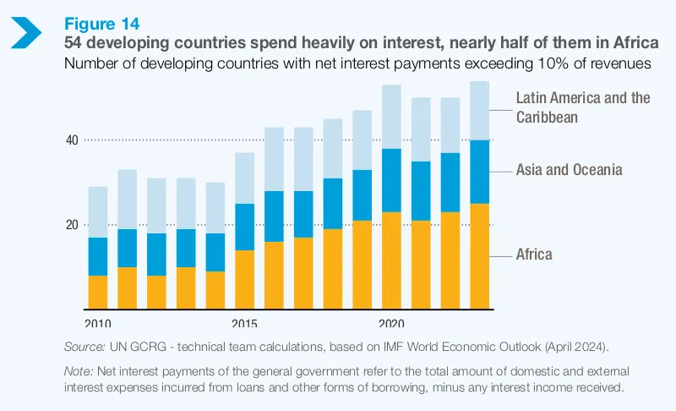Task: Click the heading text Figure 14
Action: (102, 21)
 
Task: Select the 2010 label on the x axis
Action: (98, 322)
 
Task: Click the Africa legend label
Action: (534, 255)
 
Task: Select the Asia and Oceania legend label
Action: (569, 170)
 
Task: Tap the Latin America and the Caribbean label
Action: (583, 107)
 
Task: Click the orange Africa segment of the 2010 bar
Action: (98, 292)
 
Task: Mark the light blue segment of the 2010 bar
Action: (98, 212)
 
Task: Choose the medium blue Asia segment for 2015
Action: (245, 227)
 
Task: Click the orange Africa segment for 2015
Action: (245, 279)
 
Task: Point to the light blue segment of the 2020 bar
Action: (391, 117)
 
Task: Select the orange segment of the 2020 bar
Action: (391, 260)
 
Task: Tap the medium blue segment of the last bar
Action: (479, 172)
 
